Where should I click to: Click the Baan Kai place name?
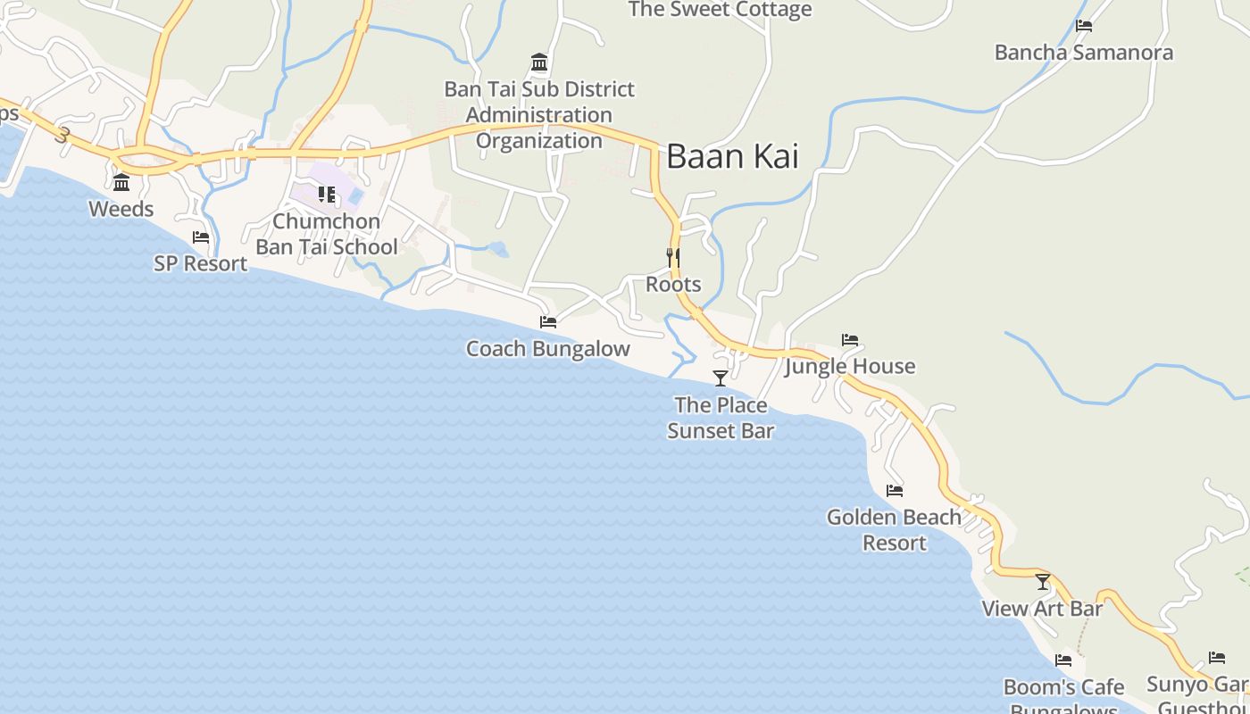point(732,156)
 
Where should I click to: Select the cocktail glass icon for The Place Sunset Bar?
point(721,378)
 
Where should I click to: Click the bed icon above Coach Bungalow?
point(548,321)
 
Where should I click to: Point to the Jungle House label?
point(850,366)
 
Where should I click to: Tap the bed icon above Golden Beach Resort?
point(895,491)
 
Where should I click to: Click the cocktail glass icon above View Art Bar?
point(1043,582)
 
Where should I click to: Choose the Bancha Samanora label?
point(1084,53)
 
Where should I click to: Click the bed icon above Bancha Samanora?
point(1084,26)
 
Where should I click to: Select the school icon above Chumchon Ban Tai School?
point(327,194)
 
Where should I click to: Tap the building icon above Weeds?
point(121,183)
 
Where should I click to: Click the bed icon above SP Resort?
point(201,237)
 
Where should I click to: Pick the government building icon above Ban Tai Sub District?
point(539,62)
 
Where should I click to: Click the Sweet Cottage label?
point(720,10)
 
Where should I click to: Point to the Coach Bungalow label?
point(548,349)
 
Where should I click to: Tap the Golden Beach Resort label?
point(895,529)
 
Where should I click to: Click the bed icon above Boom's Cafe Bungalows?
point(1063,660)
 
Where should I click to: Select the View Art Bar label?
point(1043,609)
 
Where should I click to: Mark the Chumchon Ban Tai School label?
point(327,234)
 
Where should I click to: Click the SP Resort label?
point(201,263)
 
